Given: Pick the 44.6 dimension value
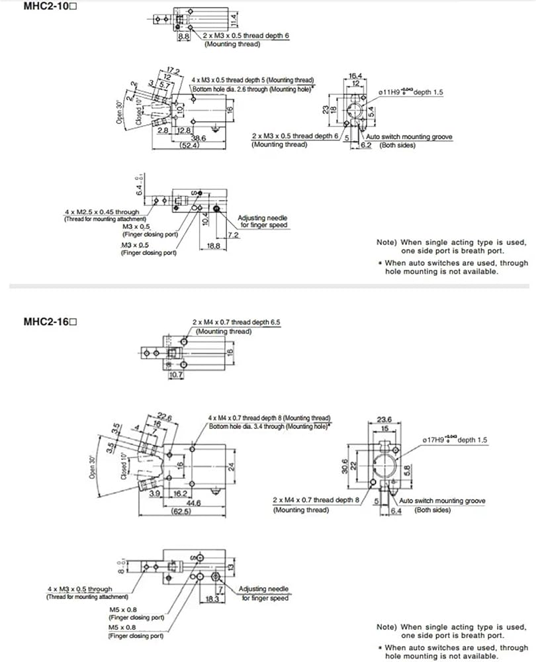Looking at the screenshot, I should (193, 502).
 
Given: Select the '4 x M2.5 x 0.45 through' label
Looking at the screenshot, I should (102, 213).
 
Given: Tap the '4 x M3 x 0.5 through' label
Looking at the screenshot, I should (79, 589).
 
